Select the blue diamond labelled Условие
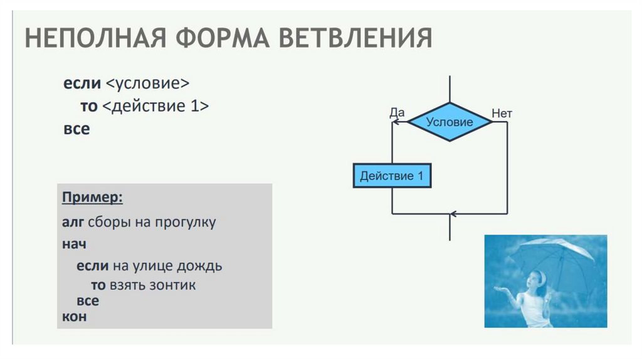coord(450,122)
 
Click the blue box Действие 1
coord(392,176)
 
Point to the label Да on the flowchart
coord(397,113)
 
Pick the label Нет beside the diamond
coord(502,114)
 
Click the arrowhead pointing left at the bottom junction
coord(454,214)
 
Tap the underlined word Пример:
coord(92,198)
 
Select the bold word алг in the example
coord(73,223)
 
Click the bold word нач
coord(74,243)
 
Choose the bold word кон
coord(74,317)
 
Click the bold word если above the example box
coord(76,83)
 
